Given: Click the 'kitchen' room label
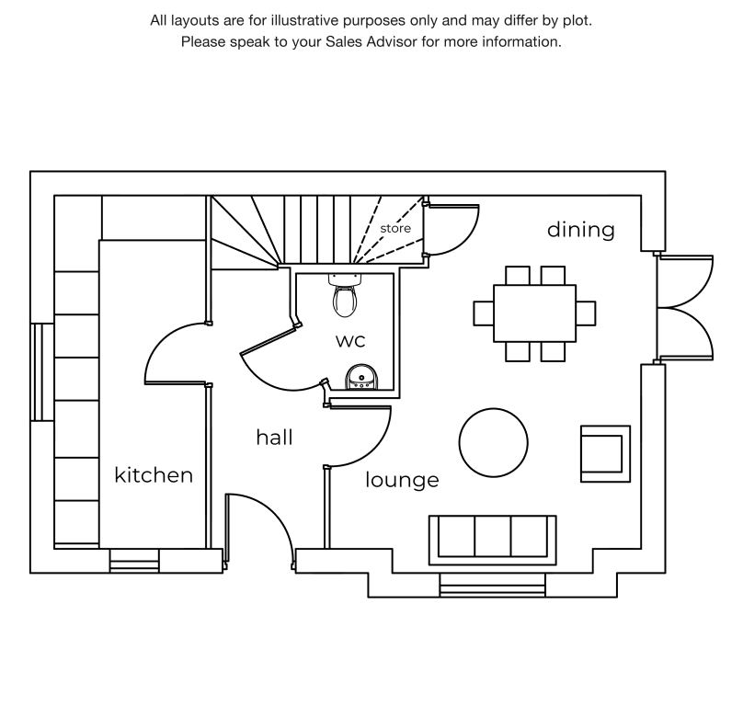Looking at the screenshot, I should click(x=154, y=475).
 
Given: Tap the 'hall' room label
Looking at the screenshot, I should click(x=274, y=438).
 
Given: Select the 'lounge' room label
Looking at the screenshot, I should click(x=402, y=480).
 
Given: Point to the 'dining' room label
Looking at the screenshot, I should click(x=581, y=229).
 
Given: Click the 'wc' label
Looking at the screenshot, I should click(x=349, y=340).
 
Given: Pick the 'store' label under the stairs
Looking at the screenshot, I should click(x=395, y=228).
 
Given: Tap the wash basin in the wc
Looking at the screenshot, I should click(x=360, y=378).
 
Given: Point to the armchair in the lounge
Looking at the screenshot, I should click(x=604, y=453).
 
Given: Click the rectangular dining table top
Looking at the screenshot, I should click(x=534, y=313).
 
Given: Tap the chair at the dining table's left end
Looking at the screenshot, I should click(x=484, y=313).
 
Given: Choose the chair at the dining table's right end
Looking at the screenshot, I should click(x=586, y=313).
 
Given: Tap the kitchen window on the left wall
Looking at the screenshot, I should click(x=37, y=371).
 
